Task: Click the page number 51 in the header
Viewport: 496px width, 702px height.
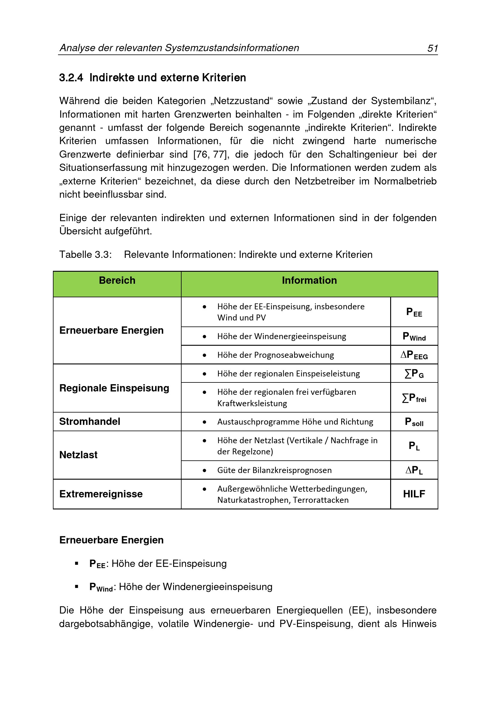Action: pos(433,48)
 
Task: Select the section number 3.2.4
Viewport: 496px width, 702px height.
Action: pos(71,78)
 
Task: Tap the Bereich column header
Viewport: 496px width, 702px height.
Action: pos(117,280)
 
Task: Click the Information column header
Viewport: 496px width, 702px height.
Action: pos(309,280)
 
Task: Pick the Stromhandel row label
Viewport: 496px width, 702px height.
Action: pos(90,421)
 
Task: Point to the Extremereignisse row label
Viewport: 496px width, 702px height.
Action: pos(101,494)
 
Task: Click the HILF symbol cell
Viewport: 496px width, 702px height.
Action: pos(414,494)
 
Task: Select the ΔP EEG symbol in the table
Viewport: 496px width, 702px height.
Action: pos(414,355)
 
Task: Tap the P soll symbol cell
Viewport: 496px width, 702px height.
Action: pos(414,422)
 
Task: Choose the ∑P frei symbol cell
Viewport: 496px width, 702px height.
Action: pos(414,398)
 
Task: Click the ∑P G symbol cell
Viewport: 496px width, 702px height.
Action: pos(414,374)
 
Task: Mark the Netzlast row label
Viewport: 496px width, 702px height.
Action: pos(78,455)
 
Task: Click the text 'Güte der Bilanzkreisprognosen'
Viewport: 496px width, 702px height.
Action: pos(274,470)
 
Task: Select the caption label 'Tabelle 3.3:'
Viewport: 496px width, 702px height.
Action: pos(85,254)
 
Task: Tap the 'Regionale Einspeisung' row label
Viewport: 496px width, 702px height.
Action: pos(114,388)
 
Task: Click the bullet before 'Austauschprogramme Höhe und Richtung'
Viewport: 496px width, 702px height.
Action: pos(204,422)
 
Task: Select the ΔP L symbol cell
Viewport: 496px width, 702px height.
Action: pos(414,470)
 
